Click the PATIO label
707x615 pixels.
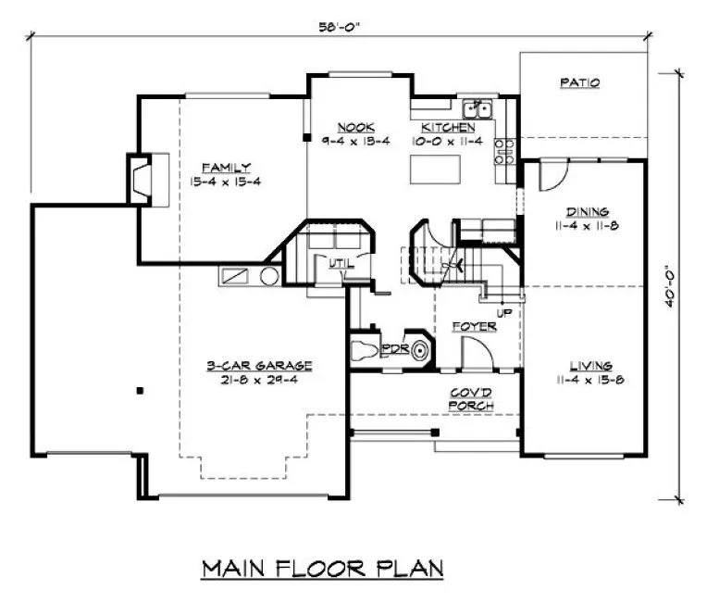tap(580, 82)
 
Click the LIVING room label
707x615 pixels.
tap(584, 366)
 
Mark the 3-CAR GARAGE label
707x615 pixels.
tap(260, 365)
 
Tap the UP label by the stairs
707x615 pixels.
tap(504, 313)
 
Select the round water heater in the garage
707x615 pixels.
tap(268, 276)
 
